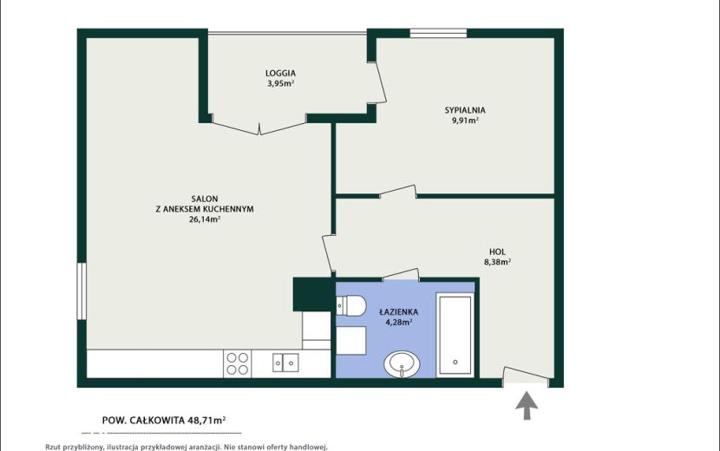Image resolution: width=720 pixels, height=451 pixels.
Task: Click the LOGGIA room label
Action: click(x=280, y=73)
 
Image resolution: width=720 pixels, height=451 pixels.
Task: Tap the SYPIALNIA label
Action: click(x=465, y=110)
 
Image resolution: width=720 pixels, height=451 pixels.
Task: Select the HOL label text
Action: click(x=497, y=252)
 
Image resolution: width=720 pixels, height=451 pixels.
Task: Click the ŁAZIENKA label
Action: click(x=398, y=312)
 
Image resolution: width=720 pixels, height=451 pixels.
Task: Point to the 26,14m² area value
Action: click(x=205, y=219)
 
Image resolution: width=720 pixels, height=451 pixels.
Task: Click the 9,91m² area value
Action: click(x=465, y=121)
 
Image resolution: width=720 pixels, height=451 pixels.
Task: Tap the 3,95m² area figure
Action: click(x=280, y=83)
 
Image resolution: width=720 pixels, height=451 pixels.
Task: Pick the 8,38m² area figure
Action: click(x=497, y=262)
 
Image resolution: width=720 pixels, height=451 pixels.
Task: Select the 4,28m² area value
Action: click(x=398, y=322)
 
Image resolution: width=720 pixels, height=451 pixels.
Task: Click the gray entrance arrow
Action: click(x=527, y=405)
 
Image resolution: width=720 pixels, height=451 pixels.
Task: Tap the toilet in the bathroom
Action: click(x=350, y=306)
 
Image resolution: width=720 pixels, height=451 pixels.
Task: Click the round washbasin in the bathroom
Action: click(x=402, y=364)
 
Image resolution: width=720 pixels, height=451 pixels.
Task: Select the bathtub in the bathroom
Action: click(x=455, y=335)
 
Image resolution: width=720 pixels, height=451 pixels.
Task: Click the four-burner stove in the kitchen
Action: click(x=238, y=363)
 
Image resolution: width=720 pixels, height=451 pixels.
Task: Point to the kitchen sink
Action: click(x=285, y=363)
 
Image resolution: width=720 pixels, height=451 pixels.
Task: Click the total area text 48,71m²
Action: click(x=206, y=420)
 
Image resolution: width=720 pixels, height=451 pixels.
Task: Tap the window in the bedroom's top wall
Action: click(x=438, y=33)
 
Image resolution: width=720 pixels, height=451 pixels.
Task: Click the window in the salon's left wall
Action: click(x=82, y=291)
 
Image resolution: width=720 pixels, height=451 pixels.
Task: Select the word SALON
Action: click(x=205, y=199)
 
